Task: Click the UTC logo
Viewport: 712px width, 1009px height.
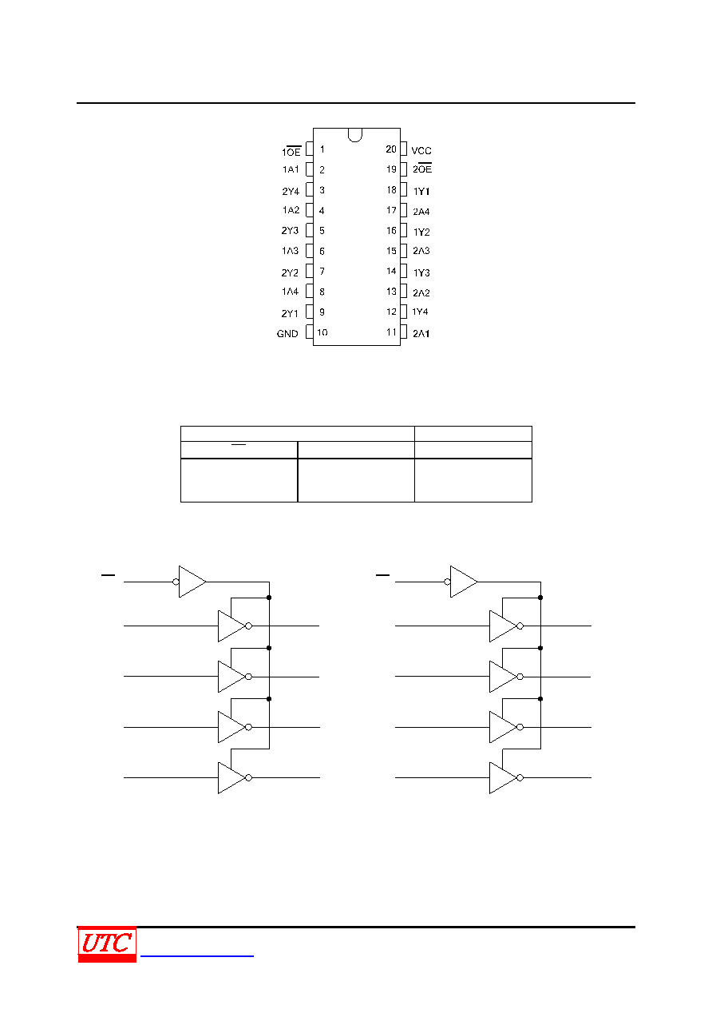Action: pos(107,943)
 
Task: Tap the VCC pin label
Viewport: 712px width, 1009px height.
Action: pos(421,151)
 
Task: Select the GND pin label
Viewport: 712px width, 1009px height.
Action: pos(287,334)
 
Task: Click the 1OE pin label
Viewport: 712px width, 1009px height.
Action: pos(291,151)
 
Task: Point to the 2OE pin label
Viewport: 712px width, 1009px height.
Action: pos(422,169)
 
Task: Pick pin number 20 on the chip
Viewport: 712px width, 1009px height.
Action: pos(391,149)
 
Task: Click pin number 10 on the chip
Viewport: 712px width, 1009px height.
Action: pos(322,332)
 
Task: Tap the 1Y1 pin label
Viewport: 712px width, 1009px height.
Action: pos(421,192)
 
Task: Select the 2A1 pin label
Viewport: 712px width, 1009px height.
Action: pos(421,334)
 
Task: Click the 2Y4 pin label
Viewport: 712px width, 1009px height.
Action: pos(291,192)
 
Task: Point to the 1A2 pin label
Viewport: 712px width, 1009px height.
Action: pos(291,210)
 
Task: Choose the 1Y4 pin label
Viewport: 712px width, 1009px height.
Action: pos(420,312)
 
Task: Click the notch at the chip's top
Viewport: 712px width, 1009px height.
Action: pos(355,135)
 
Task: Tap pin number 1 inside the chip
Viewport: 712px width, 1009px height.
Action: pos(322,149)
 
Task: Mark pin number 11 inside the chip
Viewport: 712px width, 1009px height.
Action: pos(391,332)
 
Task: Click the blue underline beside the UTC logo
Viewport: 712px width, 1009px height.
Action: pos(197,955)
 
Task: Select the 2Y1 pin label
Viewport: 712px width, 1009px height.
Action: pos(290,313)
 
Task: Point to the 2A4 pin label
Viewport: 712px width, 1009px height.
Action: pos(421,212)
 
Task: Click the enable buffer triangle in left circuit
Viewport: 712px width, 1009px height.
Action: pos(192,582)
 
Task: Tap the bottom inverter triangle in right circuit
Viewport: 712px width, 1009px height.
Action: pos(503,778)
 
